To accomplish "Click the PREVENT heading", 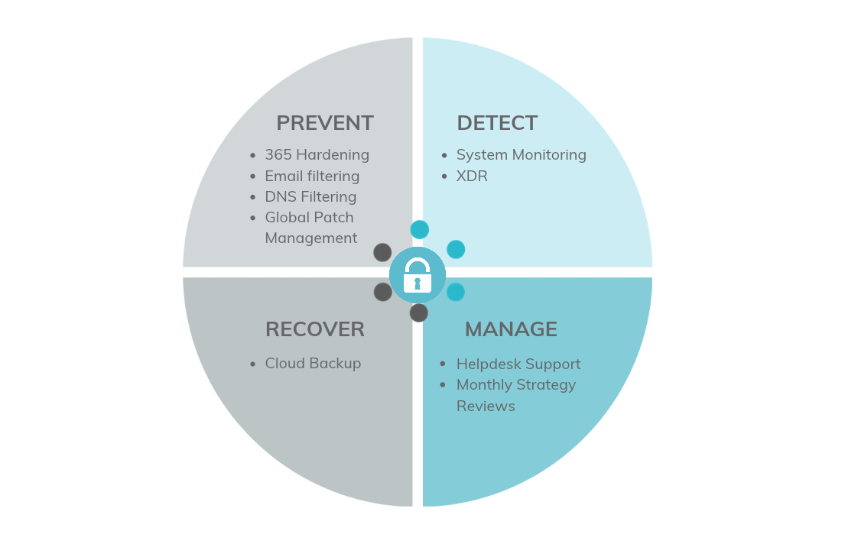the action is click(x=325, y=123).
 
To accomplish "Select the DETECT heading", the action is click(x=497, y=123).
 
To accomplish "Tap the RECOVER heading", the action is click(x=315, y=329).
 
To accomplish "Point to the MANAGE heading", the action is click(x=511, y=329).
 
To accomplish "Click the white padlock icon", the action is click(x=417, y=275).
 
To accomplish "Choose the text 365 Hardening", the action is click(x=317, y=155).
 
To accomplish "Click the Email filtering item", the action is click(x=312, y=176).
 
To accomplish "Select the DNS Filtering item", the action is click(x=310, y=197).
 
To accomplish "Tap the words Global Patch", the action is click(x=310, y=218).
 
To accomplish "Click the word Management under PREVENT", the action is click(x=311, y=238).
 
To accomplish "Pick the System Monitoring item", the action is click(x=521, y=155).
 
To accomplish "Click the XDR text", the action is click(x=472, y=176).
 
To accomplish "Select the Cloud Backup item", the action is click(x=313, y=364).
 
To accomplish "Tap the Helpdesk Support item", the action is click(x=518, y=364).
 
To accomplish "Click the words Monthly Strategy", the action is click(x=516, y=385).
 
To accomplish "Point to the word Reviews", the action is click(x=486, y=406).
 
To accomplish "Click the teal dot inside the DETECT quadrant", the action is click(x=456, y=249).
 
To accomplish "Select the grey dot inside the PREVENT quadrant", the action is click(x=382, y=252).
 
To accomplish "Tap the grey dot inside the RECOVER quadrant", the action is click(x=383, y=293).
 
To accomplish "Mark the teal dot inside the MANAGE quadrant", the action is click(x=456, y=292).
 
